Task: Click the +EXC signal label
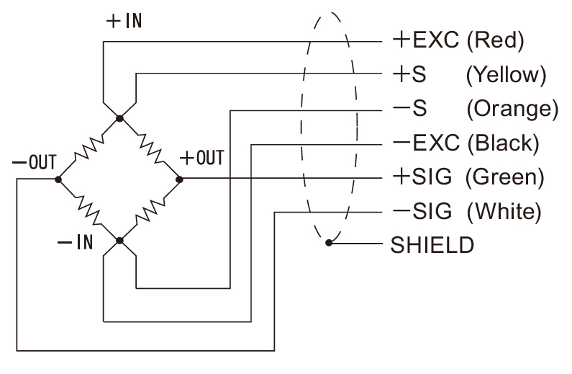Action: click(x=425, y=40)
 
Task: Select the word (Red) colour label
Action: click(x=494, y=41)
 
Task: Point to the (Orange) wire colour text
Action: click(x=512, y=109)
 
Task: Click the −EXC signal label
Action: click(x=425, y=143)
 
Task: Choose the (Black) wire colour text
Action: click(x=502, y=143)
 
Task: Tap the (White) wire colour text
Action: click(x=503, y=212)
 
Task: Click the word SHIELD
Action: click(x=432, y=245)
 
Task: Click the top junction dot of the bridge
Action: click(x=119, y=117)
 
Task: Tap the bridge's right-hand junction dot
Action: click(x=180, y=178)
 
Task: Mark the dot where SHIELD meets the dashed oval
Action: click(x=328, y=244)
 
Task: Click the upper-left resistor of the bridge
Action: click(x=88, y=148)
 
